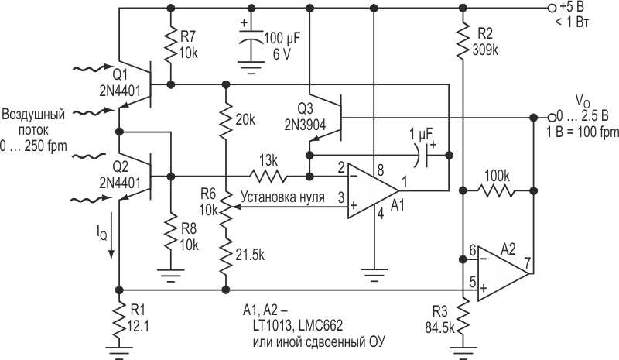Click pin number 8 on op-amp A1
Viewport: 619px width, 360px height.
tap(379, 168)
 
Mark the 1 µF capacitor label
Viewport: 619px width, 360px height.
tap(422, 133)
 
